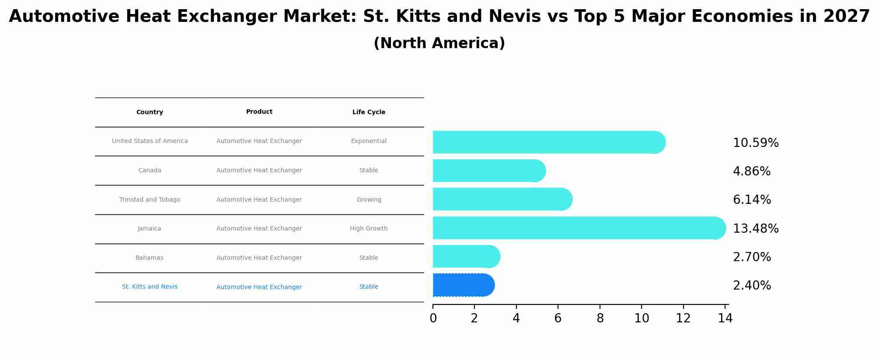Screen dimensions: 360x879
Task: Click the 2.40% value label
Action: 752,286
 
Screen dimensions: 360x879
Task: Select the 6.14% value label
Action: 752,200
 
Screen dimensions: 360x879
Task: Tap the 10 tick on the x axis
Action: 642,318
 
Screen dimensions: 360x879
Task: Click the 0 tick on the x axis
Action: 433,318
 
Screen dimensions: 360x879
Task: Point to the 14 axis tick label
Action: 725,318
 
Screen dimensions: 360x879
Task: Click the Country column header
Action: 150,112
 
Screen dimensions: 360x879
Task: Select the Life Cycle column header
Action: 369,112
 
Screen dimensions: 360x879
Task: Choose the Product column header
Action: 259,112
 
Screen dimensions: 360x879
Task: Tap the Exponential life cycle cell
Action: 369,141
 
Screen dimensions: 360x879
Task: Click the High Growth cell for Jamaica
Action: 369,229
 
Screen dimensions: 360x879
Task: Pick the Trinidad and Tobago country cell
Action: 150,200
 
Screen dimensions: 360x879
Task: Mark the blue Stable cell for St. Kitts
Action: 369,287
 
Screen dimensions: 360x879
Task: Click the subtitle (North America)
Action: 439,43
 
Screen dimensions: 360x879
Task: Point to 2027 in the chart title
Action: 847,17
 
